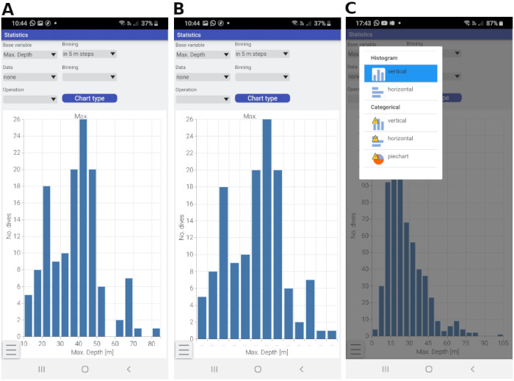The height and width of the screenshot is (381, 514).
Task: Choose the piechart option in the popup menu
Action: coord(400,157)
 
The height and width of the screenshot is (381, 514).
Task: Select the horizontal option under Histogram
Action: coord(400,90)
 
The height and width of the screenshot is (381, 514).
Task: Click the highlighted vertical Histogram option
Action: coord(400,73)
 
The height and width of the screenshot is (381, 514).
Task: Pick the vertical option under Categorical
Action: coord(400,122)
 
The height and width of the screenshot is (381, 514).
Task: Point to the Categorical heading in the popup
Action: coord(385,107)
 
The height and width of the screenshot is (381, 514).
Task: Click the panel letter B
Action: coord(178,8)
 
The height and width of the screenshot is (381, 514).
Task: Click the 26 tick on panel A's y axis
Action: coord(17,120)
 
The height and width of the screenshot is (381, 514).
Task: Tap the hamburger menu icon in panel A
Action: coord(12,350)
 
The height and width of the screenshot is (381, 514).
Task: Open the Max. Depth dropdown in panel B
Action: coord(202,54)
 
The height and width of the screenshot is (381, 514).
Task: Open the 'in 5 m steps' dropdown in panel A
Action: coord(89,54)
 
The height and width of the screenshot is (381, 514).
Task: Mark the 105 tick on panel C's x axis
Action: coord(502,344)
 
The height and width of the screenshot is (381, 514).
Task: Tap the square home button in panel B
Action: coord(257,369)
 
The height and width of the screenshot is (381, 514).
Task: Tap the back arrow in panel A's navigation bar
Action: coord(129,369)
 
